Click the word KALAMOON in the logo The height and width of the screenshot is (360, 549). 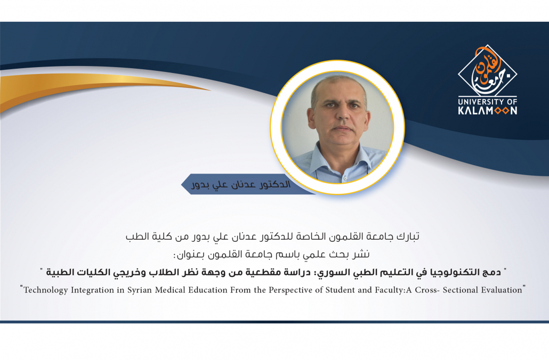click(487, 111)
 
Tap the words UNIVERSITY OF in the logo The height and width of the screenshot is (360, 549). click(487, 102)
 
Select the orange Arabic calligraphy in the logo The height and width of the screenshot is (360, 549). click(487, 67)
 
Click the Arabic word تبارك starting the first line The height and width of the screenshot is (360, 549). click(407, 237)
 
